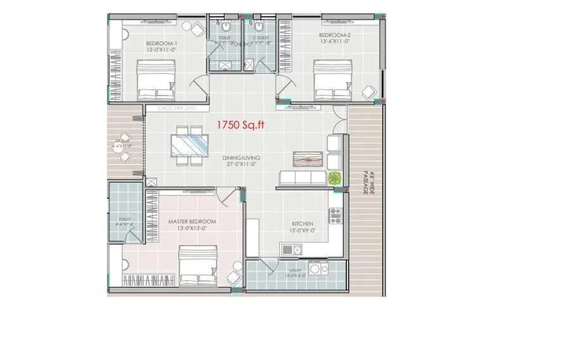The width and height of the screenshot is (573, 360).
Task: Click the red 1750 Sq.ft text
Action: coord(241,125)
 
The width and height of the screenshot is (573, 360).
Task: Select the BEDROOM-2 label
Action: coord(334,35)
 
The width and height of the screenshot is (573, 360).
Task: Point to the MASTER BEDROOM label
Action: coord(192,221)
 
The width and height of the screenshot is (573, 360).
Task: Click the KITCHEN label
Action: coord(303,224)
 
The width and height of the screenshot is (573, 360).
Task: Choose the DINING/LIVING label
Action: coord(241,158)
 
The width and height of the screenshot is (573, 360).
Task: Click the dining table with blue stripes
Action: coord(191,145)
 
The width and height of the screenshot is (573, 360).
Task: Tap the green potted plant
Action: coord(335,178)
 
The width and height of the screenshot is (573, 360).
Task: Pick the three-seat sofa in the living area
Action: coord(303,179)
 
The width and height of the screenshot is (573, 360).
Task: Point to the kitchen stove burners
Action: coord(335,217)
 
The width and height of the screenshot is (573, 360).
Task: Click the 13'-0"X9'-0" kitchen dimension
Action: coord(303,231)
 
